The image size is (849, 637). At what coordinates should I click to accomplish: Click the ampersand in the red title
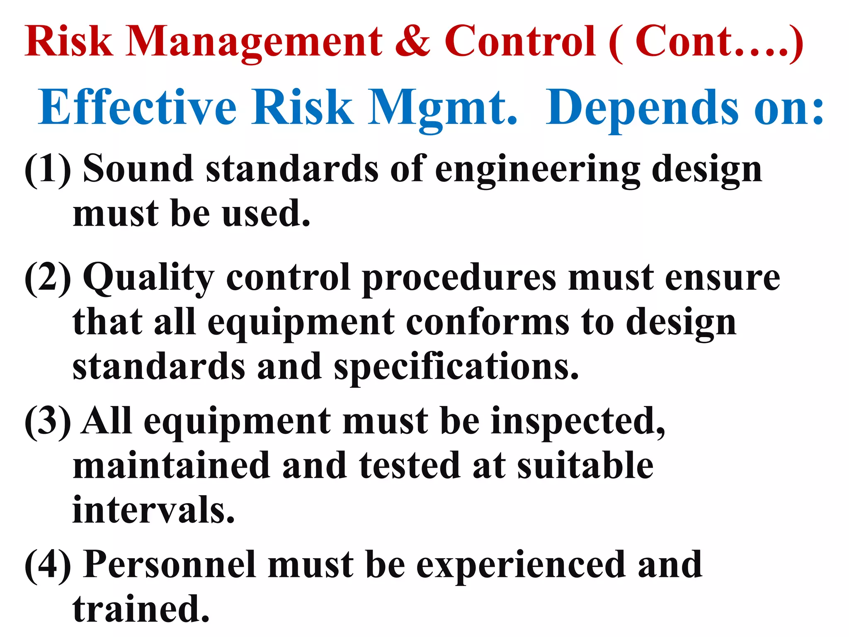tap(413, 41)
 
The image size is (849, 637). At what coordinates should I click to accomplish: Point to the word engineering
tap(537, 170)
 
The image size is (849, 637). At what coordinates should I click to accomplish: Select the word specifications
tap(456, 367)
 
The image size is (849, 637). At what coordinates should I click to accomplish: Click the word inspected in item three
tap(578, 422)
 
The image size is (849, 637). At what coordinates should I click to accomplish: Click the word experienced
tap(521, 566)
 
